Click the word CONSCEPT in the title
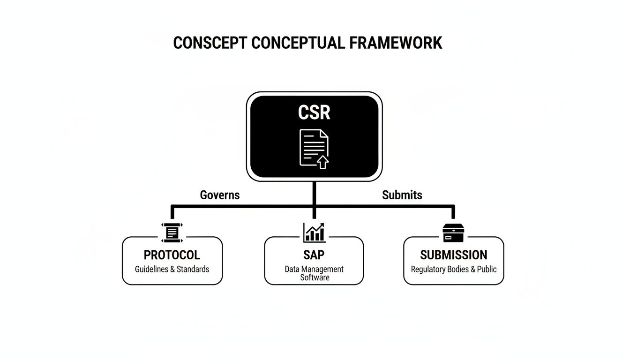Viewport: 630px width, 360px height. [210, 43]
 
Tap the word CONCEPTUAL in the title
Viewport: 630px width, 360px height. [300, 43]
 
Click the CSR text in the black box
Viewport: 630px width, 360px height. [314, 112]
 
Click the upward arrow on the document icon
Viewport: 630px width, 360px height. [322, 162]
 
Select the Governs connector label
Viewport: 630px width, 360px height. [220, 195]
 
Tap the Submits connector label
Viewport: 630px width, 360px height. [402, 195]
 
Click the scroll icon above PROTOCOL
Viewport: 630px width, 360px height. [172, 232]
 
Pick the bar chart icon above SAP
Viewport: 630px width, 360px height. [314, 232]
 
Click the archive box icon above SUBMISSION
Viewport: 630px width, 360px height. [453, 232]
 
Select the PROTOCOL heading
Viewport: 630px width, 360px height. [172, 255]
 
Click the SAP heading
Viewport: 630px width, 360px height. [314, 255]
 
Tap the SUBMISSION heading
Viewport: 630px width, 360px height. [453, 255]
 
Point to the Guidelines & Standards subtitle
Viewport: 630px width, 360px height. [172, 270]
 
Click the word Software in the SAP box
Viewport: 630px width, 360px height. [315, 277]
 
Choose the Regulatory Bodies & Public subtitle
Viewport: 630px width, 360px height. [453, 270]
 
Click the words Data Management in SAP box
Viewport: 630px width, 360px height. [314, 270]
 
